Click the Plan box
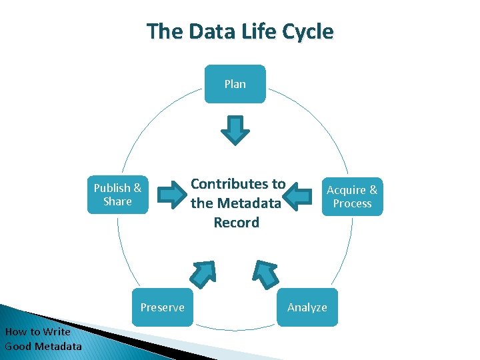[x=235, y=84]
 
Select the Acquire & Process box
[x=352, y=197]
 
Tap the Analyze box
[x=307, y=307]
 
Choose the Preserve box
[x=162, y=307]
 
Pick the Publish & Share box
[x=117, y=195]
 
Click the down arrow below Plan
[x=235, y=130]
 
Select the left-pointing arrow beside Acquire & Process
[x=298, y=195]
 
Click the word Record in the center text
[x=237, y=223]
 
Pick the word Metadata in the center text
[x=249, y=203]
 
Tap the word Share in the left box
[x=117, y=201]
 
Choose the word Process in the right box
[x=352, y=203]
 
